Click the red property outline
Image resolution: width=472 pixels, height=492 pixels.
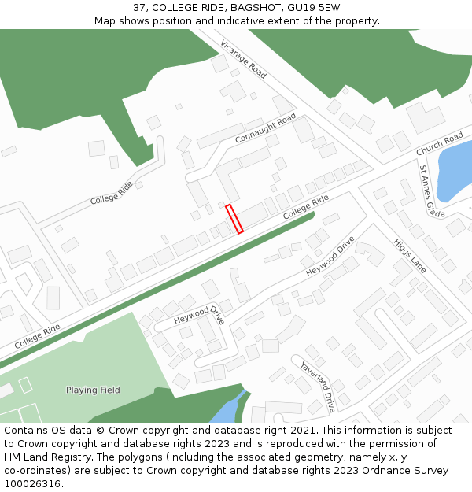234,219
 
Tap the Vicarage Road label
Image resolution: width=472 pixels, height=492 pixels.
244,58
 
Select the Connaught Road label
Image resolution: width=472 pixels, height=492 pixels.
265,128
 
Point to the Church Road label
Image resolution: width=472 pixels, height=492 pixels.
439,144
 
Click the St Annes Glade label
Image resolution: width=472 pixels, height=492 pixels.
431,191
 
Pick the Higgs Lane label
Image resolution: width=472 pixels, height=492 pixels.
409,256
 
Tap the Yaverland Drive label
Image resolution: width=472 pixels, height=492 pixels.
318,387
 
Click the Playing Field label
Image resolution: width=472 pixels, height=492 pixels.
93,390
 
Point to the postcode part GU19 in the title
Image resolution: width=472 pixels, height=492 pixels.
288,7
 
